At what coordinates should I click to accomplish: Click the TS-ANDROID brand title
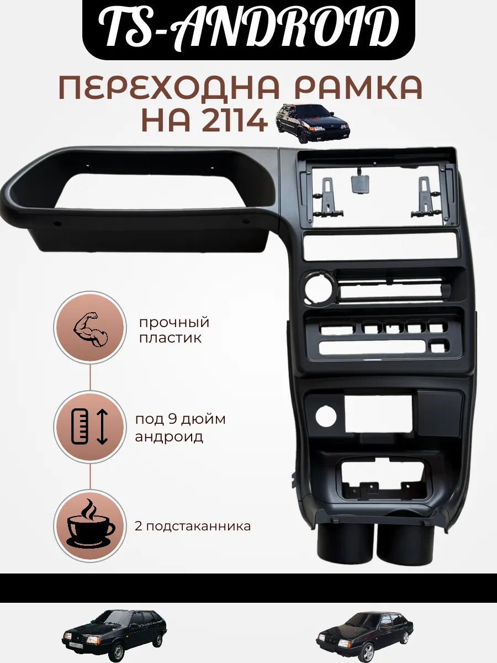(x=248, y=28)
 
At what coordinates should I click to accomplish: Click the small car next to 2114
(x=313, y=124)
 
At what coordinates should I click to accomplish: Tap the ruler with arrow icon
(x=89, y=426)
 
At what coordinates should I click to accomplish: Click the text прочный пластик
(x=174, y=330)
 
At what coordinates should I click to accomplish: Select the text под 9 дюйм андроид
(x=180, y=428)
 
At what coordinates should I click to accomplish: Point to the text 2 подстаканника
(x=193, y=526)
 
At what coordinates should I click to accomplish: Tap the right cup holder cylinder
(x=405, y=541)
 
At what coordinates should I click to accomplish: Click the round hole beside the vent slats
(x=319, y=288)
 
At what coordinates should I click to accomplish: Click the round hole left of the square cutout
(x=326, y=417)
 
